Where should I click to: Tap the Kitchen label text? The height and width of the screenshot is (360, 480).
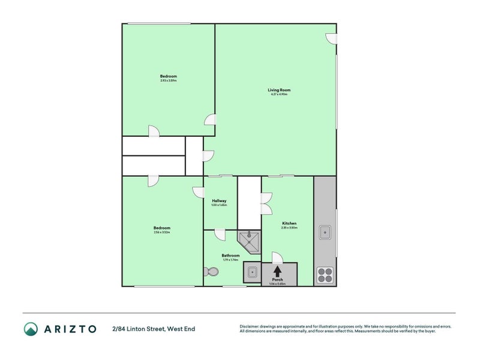289,223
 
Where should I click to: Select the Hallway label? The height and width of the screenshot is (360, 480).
219,201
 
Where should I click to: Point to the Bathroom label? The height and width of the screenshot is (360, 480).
231,256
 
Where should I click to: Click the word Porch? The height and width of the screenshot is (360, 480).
277,280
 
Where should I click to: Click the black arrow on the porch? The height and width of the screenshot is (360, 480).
277,271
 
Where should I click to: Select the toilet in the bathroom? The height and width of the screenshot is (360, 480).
211,272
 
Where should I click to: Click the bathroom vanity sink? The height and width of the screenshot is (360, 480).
252,272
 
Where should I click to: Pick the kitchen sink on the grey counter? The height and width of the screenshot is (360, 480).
325,231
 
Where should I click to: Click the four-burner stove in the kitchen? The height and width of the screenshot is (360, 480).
325,274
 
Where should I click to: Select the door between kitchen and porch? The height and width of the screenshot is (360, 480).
277,257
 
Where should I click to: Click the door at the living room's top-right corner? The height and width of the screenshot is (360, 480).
331,38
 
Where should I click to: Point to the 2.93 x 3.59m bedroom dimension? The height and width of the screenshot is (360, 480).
169,81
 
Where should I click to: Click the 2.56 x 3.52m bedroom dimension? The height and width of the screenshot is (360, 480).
162,232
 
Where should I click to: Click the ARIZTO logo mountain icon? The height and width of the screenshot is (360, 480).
31,329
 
